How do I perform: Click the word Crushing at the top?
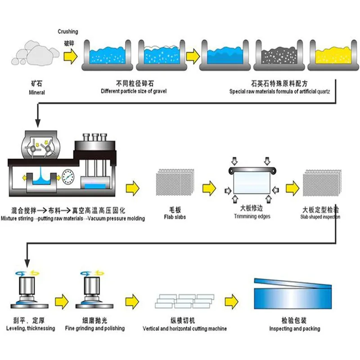coord(68,31)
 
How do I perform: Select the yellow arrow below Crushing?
coord(70,56)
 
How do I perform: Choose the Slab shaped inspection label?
coord(320,216)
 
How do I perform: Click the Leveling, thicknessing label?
coord(31,328)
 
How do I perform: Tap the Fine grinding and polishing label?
coord(95,328)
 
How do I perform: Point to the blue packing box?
coord(292,295)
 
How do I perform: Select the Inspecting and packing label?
coord(295,329)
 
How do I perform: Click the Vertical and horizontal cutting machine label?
coord(185,329)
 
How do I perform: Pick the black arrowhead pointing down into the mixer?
coord(37,123)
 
